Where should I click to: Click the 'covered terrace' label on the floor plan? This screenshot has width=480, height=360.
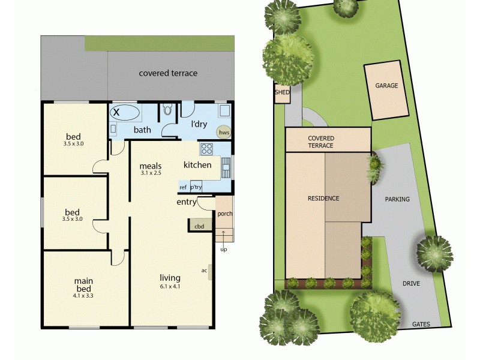click(x=168, y=73)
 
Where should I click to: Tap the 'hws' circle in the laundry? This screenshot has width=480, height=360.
click(x=224, y=132)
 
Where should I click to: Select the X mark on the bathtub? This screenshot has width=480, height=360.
click(x=117, y=112)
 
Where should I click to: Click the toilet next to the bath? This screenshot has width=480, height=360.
click(x=168, y=110)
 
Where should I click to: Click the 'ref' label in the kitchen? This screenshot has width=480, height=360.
click(x=183, y=187)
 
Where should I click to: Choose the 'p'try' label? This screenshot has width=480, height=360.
click(x=196, y=187)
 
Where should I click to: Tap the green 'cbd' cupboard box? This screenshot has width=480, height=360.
click(x=199, y=226)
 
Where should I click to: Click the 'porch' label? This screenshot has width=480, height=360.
click(x=224, y=214)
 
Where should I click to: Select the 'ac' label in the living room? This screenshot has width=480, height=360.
click(x=204, y=269)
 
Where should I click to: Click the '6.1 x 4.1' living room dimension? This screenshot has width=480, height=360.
click(x=170, y=287)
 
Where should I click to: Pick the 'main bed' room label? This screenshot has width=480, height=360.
click(x=84, y=284)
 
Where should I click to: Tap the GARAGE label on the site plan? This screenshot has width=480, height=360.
click(x=386, y=86)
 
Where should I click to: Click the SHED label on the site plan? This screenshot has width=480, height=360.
click(x=282, y=92)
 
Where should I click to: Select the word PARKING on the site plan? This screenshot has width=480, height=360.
click(x=397, y=199)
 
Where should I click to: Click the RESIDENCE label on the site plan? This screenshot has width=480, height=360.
click(x=323, y=199)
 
